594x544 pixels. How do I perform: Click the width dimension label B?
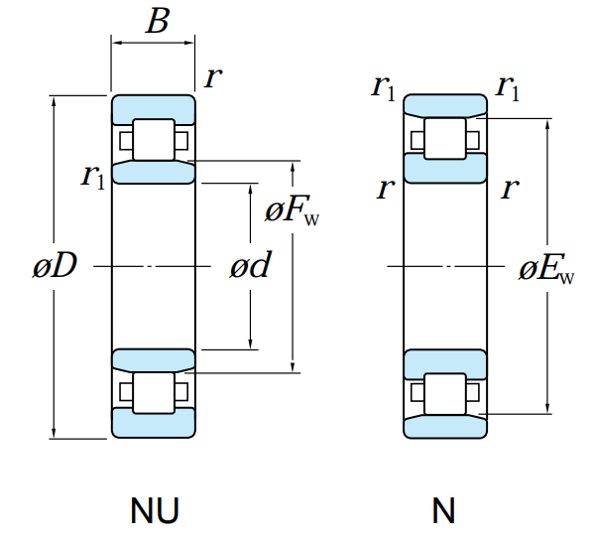(x=158, y=21)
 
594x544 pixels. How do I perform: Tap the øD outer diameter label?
(x=56, y=265)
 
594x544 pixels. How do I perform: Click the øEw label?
(x=546, y=269)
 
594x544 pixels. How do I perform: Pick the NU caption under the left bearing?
(x=154, y=510)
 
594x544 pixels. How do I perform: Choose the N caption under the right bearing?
(x=443, y=510)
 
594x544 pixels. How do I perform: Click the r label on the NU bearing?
(x=213, y=77)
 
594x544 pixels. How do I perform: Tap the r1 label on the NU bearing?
(x=92, y=176)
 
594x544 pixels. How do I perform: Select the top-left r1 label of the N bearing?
(x=384, y=88)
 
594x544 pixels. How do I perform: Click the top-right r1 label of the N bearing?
(x=508, y=88)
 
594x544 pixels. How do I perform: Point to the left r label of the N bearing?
(x=386, y=189)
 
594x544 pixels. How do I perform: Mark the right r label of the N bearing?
(x=510, y=189)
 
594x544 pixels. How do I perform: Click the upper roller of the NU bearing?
(x=154, y=140)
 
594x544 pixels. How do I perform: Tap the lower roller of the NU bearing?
(x=154, y=393)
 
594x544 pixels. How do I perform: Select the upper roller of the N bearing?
(x=445, y=138)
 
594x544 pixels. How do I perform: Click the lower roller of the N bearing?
(x=445, y=394)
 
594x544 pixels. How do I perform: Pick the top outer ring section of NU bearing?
(x=154, y=107)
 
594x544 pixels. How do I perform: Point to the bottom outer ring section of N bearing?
(x=445, y=428)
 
